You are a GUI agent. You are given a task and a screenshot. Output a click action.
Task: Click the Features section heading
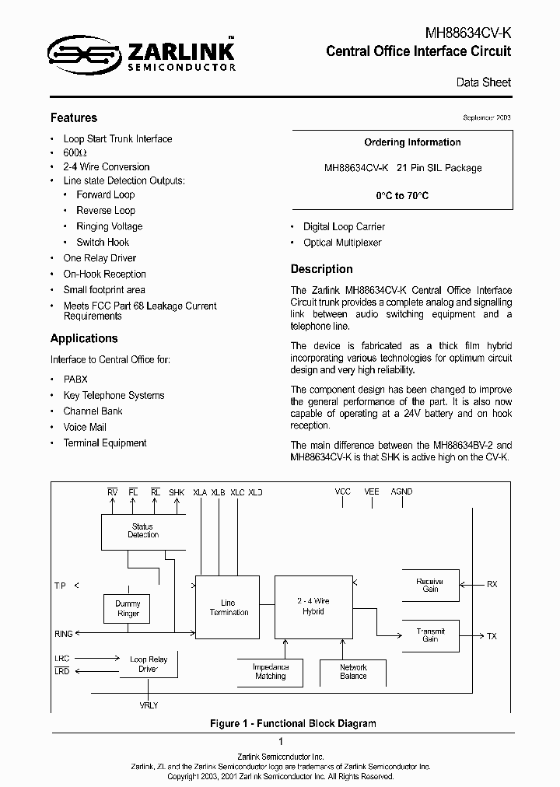[74, 118]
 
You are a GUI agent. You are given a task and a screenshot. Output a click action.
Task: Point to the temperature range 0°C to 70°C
[402, 196]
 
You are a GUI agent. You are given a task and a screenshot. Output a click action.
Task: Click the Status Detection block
[143, 531]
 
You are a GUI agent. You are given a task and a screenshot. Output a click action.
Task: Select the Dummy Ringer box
[128, 609]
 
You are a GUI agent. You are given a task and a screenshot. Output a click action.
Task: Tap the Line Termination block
[229, 607]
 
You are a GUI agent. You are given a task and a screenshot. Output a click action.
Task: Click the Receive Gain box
[429, 586]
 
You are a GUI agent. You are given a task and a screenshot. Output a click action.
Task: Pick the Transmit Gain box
[429, 635]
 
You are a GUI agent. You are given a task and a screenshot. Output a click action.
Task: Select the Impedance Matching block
[271, 672]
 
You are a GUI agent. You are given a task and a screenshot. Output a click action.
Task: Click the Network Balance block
[353, 672]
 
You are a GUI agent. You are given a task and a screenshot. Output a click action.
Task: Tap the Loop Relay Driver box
[148, 664]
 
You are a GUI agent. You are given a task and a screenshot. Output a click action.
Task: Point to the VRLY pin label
[148, 705]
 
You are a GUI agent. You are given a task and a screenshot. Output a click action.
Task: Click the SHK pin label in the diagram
[177, 492]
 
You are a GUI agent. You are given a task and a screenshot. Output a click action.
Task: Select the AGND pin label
[401, 492]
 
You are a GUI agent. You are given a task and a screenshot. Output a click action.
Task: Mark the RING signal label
[64, 635]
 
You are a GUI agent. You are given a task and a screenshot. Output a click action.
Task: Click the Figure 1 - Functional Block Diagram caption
[293, 723]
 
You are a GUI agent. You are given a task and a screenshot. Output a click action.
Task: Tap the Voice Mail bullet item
[85, 428]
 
